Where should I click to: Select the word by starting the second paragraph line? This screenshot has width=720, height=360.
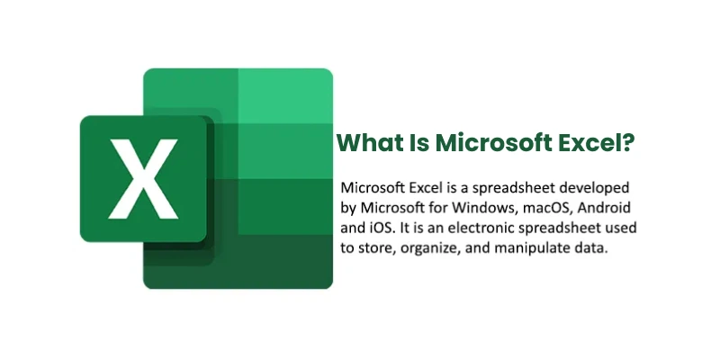point(349,208)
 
